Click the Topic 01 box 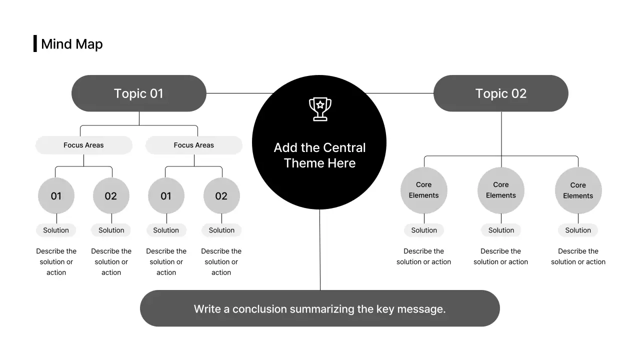point(139,93)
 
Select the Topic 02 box point(500,93)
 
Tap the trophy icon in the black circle point(320,109)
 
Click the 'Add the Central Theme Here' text point(319,155)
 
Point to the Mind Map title point(72,44)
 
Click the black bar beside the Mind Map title point(35,43)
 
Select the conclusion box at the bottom point(319,308)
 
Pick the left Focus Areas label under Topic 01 point(83,145)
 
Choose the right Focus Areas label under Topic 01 point(193,145)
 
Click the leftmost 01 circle point(56,196)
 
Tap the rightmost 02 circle point(221,196)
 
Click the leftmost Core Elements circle point(423,190)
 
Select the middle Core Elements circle point(500,190)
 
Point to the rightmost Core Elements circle point(578,190)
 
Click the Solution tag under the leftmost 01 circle point(56,230)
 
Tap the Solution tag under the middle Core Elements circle point(501,230)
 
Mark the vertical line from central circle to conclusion point(320,250)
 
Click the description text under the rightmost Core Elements point(578,256)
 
